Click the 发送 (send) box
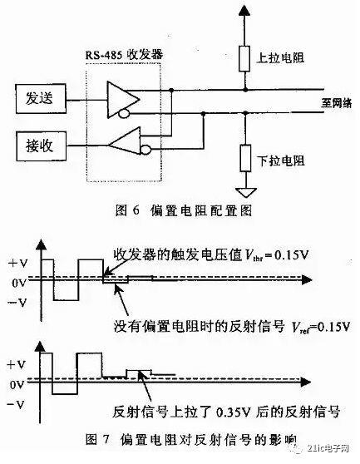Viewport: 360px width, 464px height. coord(41,99)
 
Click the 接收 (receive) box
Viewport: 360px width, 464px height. coord(41,146)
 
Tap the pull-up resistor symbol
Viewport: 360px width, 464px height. coord(244,58)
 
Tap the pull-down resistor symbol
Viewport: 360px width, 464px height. coord(245,158)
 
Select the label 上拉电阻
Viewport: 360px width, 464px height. coord(280,57)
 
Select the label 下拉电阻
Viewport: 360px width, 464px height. coord(281,160)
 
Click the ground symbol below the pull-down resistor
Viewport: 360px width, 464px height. coord(246,193)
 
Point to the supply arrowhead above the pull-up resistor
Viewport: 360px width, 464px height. coord(244,10)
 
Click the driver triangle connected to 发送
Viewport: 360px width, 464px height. coord(123,100)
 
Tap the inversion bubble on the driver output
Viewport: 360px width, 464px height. coord(124,114)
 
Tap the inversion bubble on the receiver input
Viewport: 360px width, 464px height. coord(145,150)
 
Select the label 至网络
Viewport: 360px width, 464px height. coord(337,103)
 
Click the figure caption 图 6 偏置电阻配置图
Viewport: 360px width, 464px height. coord(184,210)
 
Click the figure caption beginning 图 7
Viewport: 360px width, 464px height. coord(191,439)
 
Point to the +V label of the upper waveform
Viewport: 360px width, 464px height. coord(18,263)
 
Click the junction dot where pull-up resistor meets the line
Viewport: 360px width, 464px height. coord(245,89)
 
